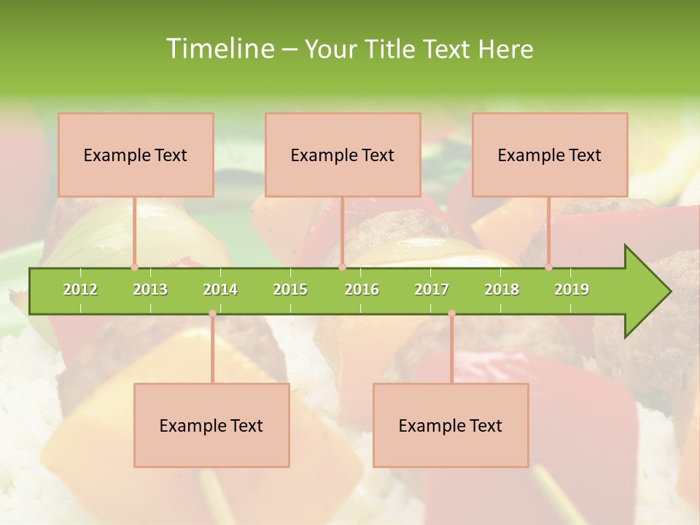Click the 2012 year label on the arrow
pyautogui.click(x=80, y=289)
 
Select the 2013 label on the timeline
pyautogui.click(x=150, y=289)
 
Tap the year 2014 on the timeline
pyautogui.click(x=220, y=289)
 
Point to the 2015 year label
pyautogui.click(x=290, y=289)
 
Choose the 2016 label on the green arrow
pyautogui.click(x=362, y=289)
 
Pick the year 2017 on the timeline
pyautogui.click(x=432, y=289)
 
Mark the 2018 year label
pyautogui.click(x=502, y=289)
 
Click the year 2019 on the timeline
pyautogui.click(x=572, y=289)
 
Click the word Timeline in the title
pyautogui.click(x=219, y=49)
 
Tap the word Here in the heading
pyautogui.click(x=506, y=49)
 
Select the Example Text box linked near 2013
pyautogui.click(x=136, y=155)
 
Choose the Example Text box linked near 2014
pyautogui.click(x=211, y=425)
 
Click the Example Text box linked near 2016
pyautogui.click(x=343, y=155)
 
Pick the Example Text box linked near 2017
pyautogui.click(x=451, y=425)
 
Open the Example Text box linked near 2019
pyautogui.click(x=550, y=155)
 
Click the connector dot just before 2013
pyautogui.click(x=134, y=267)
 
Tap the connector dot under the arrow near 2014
pyautogui.click(x=212, y=314)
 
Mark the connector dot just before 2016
pyautogui.click(x=342, y=267)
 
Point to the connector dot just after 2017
pyautogui.click(x=451, y=314)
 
